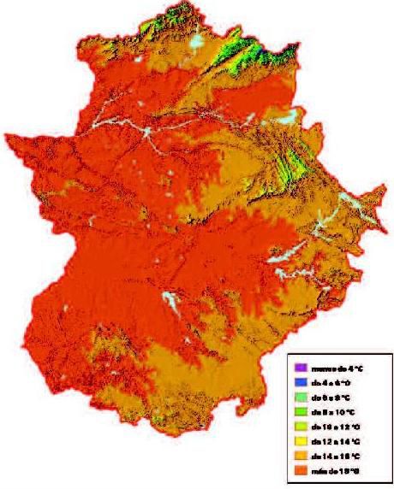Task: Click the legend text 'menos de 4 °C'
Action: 331,366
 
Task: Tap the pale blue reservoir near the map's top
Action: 200,40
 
